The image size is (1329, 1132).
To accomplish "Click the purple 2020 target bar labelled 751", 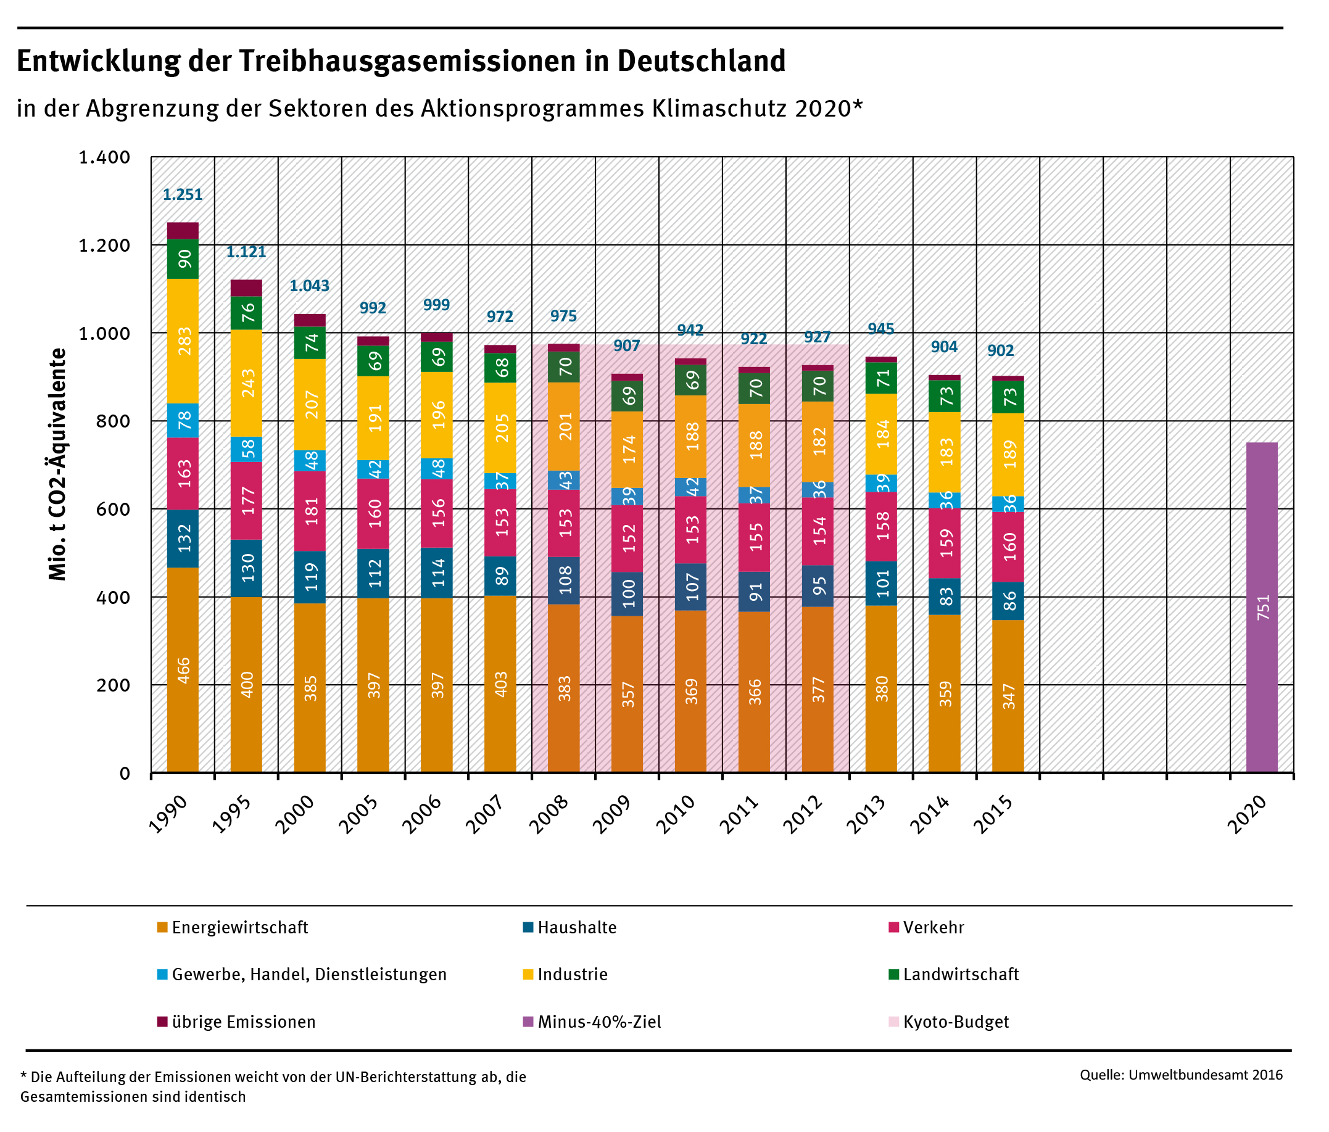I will tap(1262, 607).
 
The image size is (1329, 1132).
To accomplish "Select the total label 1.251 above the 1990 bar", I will tap(182, 194).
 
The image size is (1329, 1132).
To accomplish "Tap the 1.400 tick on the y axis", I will tap(104, 157).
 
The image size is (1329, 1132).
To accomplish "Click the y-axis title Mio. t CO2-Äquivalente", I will tap(59, 465).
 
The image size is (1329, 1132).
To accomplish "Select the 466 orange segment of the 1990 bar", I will tap(183, 669).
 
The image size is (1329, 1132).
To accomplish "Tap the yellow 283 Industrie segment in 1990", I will tap(183, 341).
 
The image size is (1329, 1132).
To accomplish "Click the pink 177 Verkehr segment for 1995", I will tap(246, 501).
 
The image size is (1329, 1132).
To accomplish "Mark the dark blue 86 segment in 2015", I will tap(1008, 601).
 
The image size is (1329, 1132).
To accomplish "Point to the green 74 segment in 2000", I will tap(310, 343).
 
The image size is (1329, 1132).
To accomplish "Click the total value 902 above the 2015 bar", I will tap(1000, 351).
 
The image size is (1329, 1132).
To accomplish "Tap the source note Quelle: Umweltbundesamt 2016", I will tap(1181, 1075).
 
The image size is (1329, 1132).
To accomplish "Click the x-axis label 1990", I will tap(168, 814).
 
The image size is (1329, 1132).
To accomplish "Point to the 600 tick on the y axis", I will tap(116, 509).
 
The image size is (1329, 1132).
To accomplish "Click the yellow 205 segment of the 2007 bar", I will tap(500, 428).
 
